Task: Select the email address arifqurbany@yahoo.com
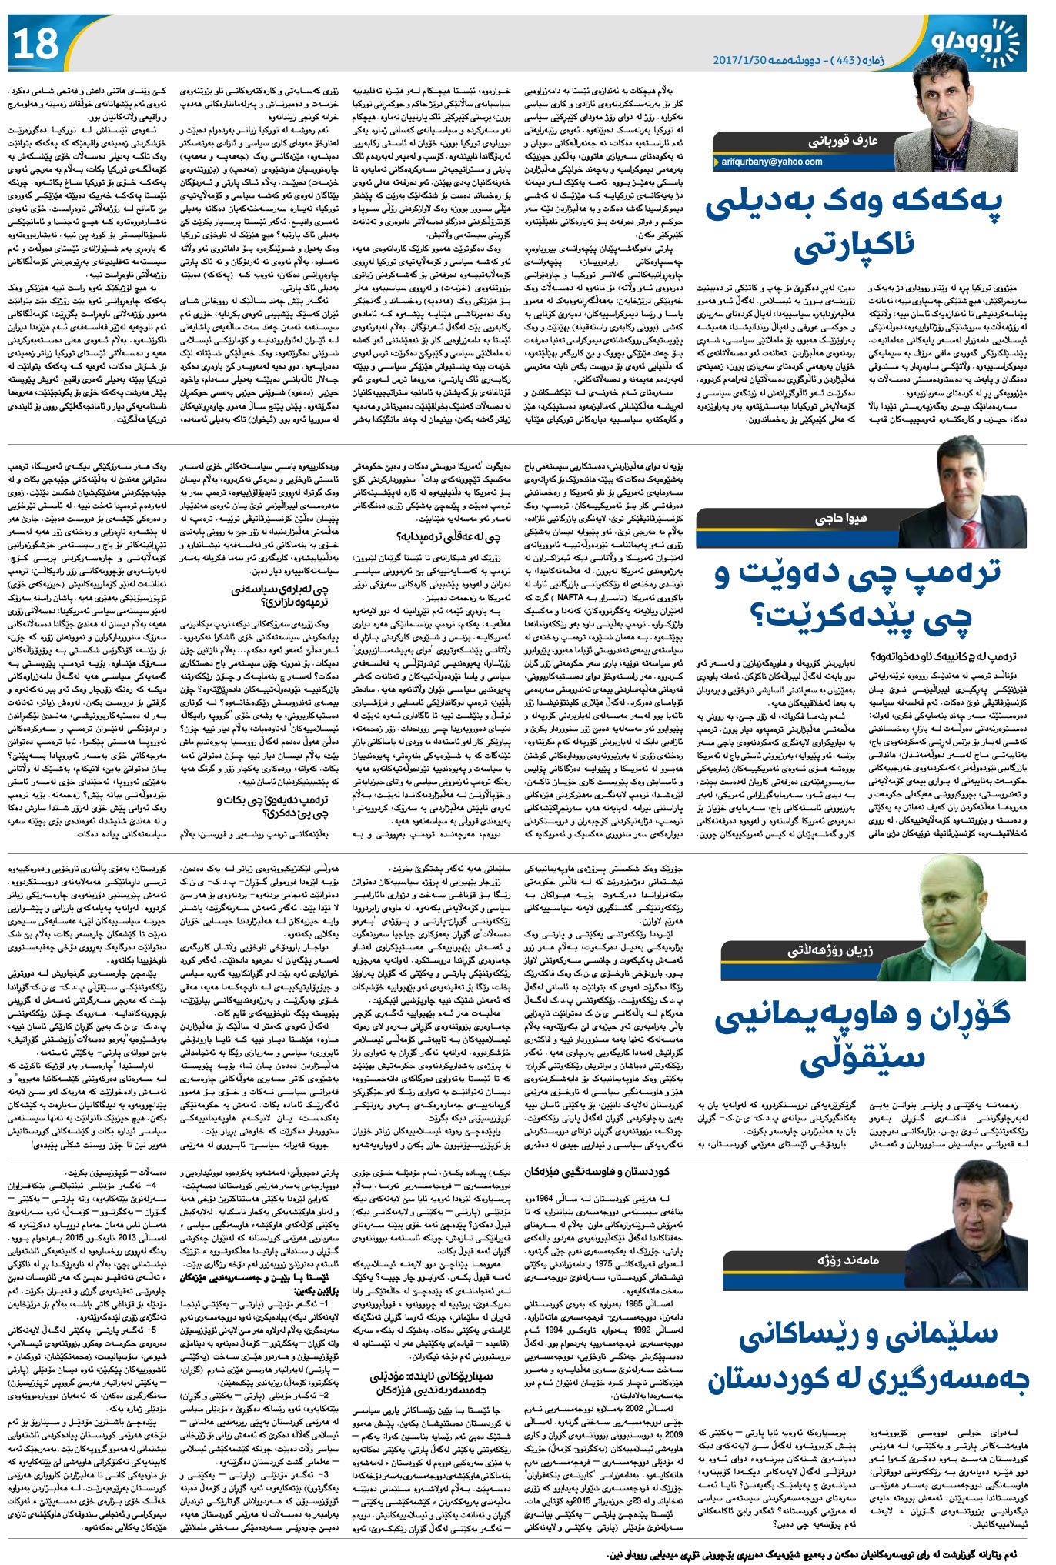click(774, 162)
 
